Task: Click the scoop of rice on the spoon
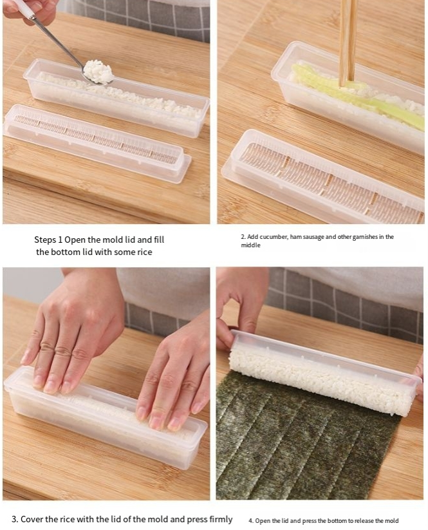click(x=98, y=71)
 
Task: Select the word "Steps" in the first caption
click(x=45, y=240)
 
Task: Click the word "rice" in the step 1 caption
click(x=145, y=252)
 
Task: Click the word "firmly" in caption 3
click(x=221, y=519)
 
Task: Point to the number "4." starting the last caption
click(x=251, y=521)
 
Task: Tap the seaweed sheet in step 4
click(x=304, y=439)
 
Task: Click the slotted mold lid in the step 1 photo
click(x=97, y=138)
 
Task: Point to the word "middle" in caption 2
click(x=250, y=245)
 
